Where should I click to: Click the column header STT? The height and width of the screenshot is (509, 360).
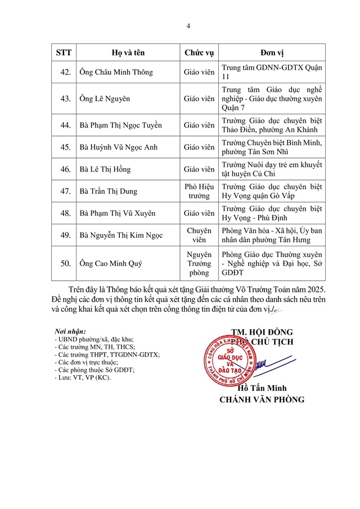coord(64,53)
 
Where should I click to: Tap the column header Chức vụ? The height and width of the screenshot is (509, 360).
coord(199,53)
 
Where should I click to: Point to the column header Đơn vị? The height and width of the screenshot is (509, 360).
coord(272,53)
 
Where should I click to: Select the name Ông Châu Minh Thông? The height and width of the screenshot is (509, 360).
coord(116,73)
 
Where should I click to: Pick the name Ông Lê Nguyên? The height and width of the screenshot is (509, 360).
coord(105,98)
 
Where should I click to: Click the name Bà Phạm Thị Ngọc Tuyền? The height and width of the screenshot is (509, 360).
coord(120,125)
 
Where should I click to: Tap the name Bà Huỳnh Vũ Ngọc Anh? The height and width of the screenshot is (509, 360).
coord(118,147)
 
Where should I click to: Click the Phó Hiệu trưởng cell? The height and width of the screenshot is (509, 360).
coord(199,191)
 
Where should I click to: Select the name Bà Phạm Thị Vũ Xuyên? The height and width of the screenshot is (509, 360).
coord(118,213)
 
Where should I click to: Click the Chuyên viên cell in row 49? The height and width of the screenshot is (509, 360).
coord(199,236)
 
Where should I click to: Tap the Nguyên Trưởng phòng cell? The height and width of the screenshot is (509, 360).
coord(199,263)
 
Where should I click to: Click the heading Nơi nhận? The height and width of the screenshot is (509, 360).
coord(70,331)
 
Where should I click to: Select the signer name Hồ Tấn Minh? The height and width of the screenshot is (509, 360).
coord(262,389)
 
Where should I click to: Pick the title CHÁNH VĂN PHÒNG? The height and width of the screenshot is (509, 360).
coord(262,400)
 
